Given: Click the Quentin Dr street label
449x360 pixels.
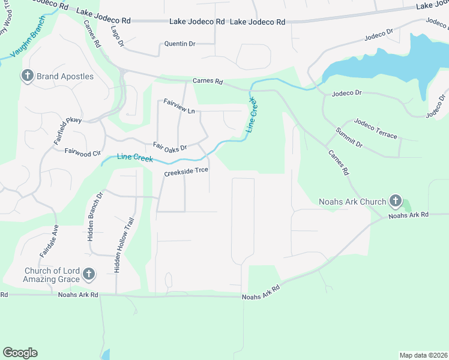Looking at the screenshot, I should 180,44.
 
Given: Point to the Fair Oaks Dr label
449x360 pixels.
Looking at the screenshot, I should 170,146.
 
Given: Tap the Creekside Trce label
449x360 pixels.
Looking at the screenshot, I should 186,170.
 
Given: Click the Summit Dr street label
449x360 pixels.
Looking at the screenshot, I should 349,138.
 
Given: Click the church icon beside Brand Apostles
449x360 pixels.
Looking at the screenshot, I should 27,76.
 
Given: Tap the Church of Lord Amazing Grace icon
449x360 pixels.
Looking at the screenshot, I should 89,275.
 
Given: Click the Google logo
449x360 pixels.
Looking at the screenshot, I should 20,353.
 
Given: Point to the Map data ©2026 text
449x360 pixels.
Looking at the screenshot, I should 424,355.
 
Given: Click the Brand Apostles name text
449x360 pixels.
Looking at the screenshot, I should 65,77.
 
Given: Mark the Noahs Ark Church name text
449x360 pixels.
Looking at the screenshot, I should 352,202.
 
